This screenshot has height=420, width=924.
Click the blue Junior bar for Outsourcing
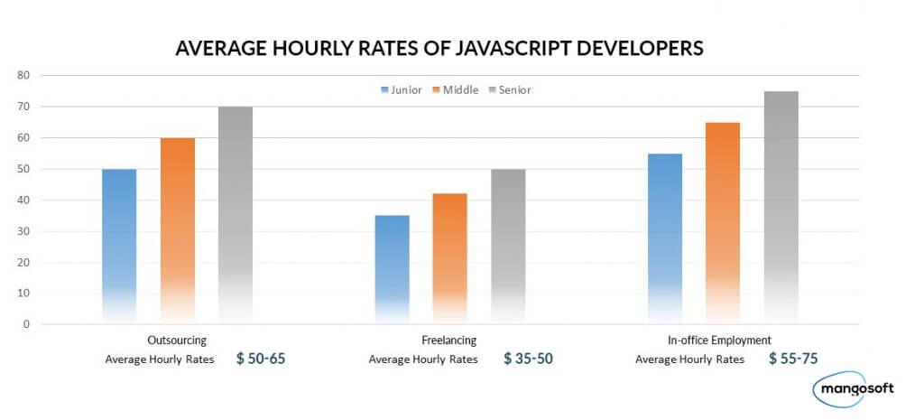[x=119, y=244]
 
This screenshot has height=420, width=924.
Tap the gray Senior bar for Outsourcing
[x=236, y=213]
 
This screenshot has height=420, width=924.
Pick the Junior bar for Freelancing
[x=392, y=267]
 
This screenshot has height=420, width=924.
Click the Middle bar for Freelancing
[x=449, y=257]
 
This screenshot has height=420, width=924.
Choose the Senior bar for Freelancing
[x=507, y=244]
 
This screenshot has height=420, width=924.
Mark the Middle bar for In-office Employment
[x=723, y=221]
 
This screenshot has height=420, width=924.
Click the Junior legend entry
[x=402, y=89]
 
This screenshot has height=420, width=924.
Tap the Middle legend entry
[x=456, y=89]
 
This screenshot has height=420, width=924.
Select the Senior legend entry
[x=511, y=89]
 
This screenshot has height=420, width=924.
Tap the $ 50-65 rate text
[x=261, y=359]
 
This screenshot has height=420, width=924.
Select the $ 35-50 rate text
[x=528, y=359]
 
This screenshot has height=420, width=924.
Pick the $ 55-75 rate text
[x=793, y=359]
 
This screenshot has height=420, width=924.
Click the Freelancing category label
[x=449, y=341]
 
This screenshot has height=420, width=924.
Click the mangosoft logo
[x=856, y=389]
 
